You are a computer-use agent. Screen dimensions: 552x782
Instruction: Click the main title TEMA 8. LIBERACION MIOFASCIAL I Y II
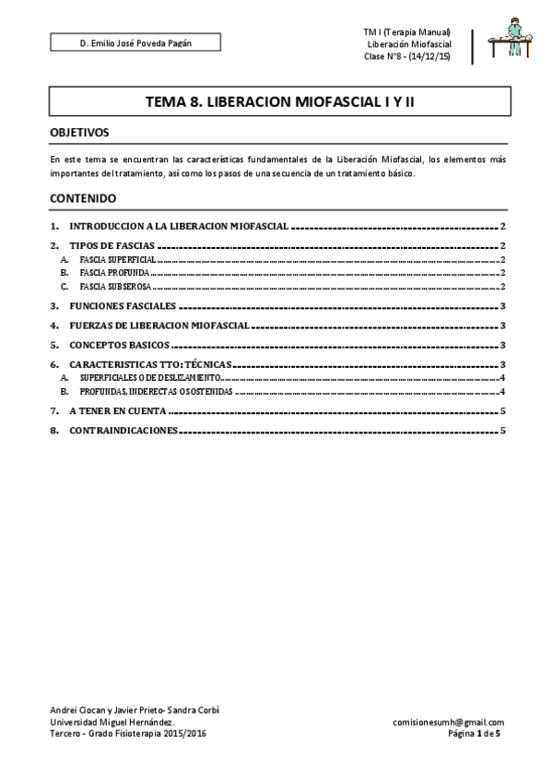click(279, 105)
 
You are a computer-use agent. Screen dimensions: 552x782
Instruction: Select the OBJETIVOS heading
click(80, 133)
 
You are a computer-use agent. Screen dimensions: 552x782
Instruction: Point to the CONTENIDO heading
click(83, 198)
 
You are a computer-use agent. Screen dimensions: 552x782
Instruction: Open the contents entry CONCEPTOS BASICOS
click(119, 344)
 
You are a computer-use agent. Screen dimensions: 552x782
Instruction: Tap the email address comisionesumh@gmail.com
click(448, 723)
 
